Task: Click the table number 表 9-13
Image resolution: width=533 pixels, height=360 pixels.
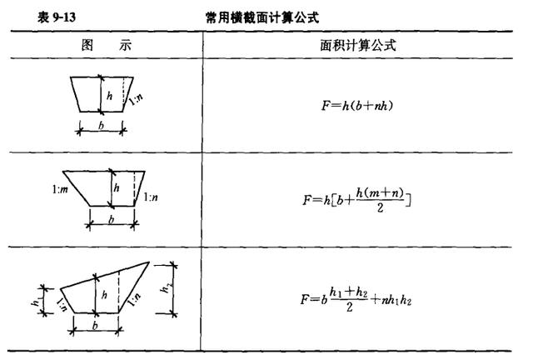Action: point(57,17)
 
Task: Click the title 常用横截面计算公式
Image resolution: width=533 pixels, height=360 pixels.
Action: point(262,17)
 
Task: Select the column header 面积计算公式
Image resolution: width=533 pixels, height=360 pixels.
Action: point(358,45)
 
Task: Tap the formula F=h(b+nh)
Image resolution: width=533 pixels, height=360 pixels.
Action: point(357,106)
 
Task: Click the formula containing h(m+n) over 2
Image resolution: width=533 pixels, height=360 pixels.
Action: point(357,200)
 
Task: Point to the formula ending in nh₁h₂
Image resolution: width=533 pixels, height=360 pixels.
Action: point(356,300)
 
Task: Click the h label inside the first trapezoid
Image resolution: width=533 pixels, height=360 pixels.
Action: point(109,96)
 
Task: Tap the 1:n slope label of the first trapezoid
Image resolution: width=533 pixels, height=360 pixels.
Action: point(136,99)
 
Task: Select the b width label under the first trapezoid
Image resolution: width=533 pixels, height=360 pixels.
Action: point(101,126)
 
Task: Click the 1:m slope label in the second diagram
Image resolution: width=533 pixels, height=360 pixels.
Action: point(60,189)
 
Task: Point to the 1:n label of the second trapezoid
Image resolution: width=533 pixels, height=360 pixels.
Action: point(151,197)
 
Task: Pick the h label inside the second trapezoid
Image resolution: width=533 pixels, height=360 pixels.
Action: point(117,187)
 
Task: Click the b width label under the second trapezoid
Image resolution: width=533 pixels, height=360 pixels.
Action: point(111,220)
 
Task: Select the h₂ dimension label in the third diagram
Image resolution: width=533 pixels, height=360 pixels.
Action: point(165,288)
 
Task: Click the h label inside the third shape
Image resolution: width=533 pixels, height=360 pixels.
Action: point(104,295)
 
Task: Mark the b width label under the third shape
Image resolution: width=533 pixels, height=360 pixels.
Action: point(95,326)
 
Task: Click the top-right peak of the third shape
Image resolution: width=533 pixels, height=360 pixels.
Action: point(149,262)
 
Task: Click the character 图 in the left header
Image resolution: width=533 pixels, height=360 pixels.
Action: point(87,45)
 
